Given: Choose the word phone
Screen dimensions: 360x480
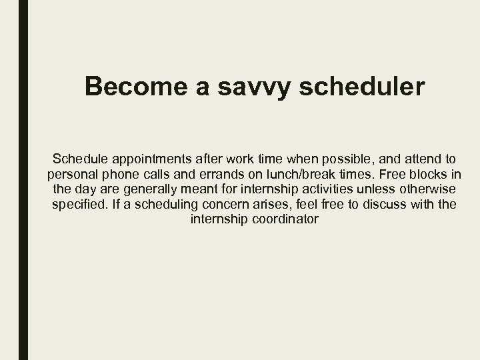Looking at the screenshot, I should click(x=126, y=174).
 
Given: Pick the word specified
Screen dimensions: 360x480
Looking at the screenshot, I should click(x=77, y=204).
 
